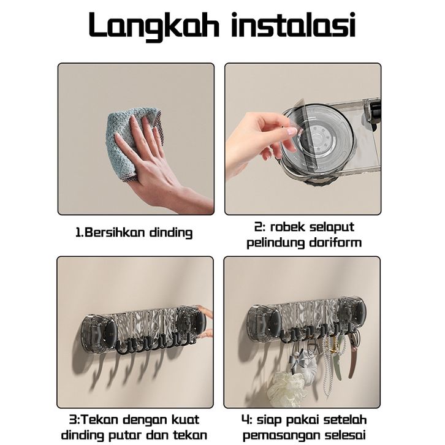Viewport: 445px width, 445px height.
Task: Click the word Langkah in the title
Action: [154, 26]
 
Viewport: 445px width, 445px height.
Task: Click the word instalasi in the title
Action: [294, 25]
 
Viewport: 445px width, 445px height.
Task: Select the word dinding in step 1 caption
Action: [171, 233]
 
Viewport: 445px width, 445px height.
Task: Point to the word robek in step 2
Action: [287, 227]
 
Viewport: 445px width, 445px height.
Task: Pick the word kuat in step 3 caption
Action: [185, 419]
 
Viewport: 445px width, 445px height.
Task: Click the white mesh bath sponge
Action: [287, 389]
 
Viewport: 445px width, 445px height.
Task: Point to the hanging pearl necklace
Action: [331, 365]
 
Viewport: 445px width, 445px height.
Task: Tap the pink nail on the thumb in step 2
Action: [292, 131]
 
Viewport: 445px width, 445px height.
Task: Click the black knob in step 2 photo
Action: [376, 113]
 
